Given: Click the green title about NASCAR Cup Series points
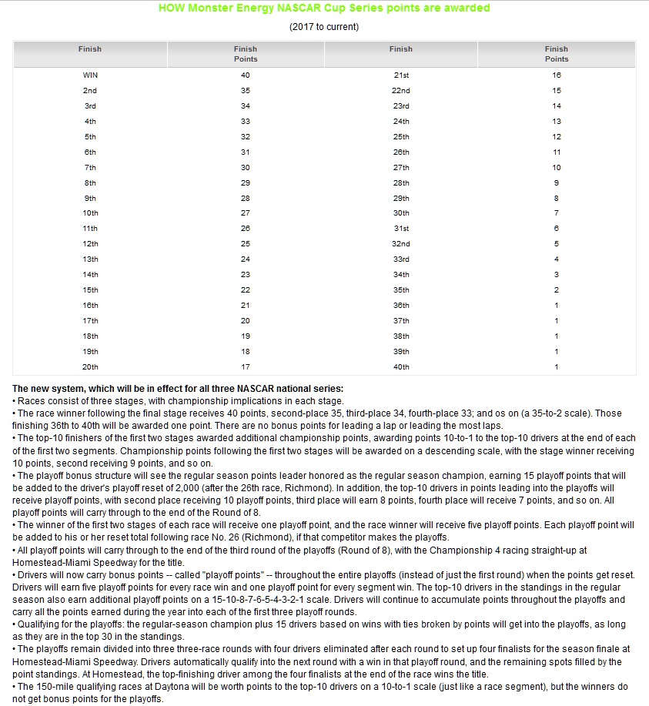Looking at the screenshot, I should pyautogui.click(x=323, y=8).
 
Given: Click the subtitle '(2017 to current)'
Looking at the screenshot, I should pyautogui.click(x=324, y=27).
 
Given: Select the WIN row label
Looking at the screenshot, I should pyautogui.click(x=90, y=75).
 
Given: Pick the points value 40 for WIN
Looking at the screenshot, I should pyautogui.click(x=246, y=75).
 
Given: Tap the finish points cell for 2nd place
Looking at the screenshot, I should pyautogui.click(x=246, y=90).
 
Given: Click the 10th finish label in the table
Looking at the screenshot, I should pyautogui.click(x=90, y=212).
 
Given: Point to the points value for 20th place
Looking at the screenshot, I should pyautogui.click(x=246, y=366).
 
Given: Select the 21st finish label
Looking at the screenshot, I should pyautogui.click(x=400, y=75).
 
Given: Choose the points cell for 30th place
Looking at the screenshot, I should pyautogui.click(x=557, y=212).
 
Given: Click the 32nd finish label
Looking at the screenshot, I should pyautogui.click(x=400, y=243).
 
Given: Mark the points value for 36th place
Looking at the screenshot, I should pyautogui.click(x=557, y=305).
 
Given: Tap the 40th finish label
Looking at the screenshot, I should pyautogui.click(x=400, y=366).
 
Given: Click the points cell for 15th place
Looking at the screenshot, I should pyautogui.click(x=246, y=289).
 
